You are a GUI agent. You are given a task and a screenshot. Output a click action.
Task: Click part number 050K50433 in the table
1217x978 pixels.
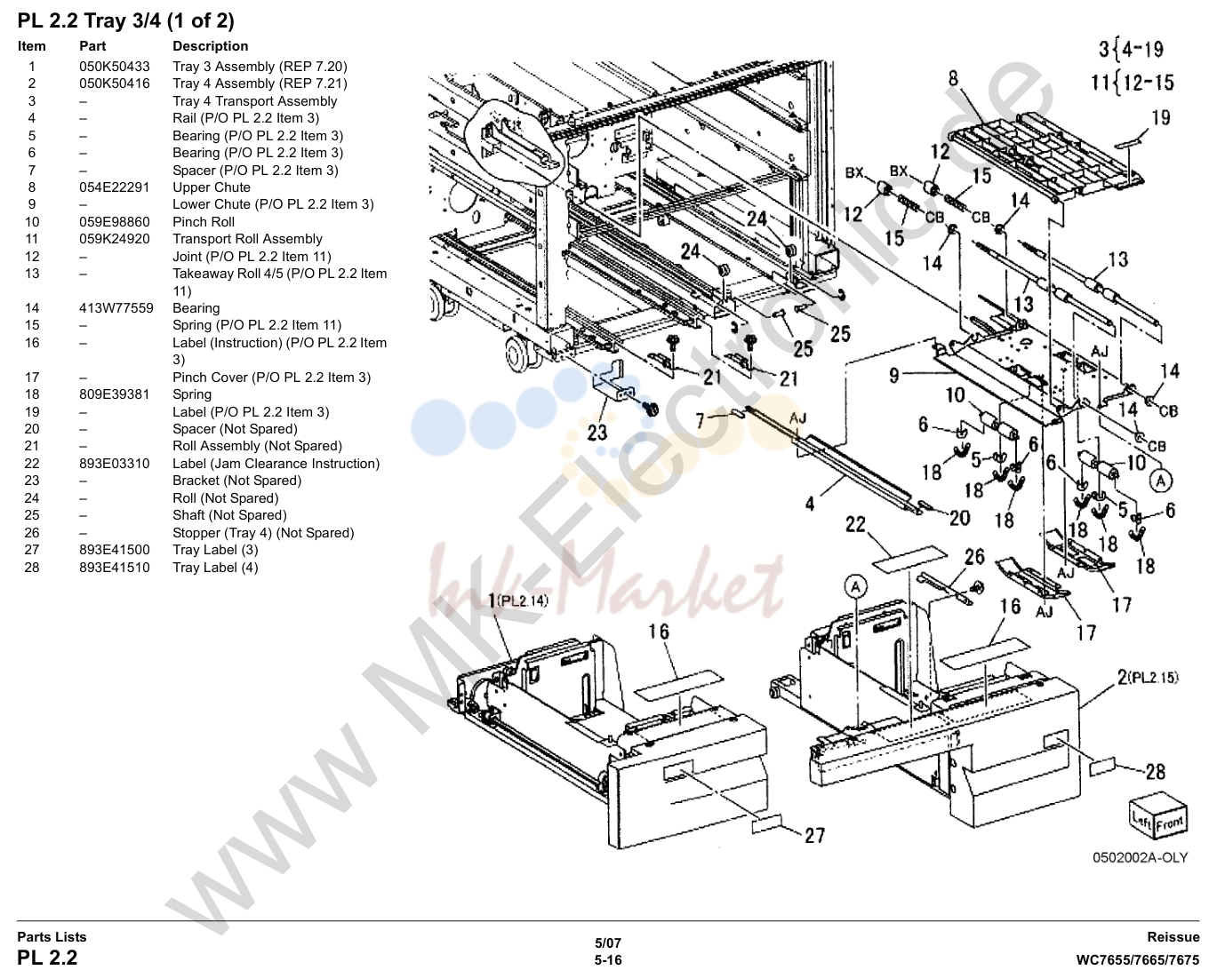(115, 66)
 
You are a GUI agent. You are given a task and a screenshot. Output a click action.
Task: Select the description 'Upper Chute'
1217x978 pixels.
(211, 187)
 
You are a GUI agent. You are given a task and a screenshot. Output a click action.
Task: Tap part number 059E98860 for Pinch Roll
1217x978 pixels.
(115, 221)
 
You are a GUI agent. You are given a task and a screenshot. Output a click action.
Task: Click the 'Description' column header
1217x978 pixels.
(210, 46)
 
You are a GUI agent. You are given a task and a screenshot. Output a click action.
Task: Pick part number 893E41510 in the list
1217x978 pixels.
(115, 568)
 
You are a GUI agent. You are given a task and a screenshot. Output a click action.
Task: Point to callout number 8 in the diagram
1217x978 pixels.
(953, 78)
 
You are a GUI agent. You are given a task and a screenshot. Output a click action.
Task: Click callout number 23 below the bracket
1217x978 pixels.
(597, 433)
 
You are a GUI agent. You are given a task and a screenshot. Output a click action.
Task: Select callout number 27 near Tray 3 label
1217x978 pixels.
(815, 835)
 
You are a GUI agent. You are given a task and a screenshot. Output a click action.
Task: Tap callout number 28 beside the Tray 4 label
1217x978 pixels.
(1156, 771)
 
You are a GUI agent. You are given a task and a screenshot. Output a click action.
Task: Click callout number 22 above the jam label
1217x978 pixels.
(855, 524)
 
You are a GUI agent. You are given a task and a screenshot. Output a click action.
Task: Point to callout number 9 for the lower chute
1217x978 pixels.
(894, 375)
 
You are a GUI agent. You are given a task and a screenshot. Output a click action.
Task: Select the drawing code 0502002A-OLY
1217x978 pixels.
(1140, 858)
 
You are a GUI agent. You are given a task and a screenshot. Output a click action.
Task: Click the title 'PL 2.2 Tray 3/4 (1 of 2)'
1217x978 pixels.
(125, 21)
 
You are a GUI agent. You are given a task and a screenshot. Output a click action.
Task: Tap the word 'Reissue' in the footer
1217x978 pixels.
(1173, 937)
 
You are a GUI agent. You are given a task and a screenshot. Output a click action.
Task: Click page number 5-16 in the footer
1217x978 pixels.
(608, 960)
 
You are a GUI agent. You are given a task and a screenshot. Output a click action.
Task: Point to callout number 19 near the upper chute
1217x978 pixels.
(1160, 117)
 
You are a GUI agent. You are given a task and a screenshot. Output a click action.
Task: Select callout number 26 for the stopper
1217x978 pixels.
(974, 557)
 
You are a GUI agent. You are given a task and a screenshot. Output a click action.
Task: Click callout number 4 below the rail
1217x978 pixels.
(810, 503)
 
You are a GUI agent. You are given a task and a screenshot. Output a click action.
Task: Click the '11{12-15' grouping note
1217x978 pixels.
(1133, 83)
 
